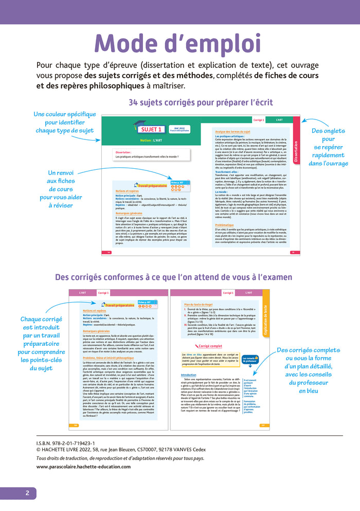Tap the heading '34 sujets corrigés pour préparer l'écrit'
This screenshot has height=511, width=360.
pos(201,102)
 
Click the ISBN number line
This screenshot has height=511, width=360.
pos(65,443)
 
